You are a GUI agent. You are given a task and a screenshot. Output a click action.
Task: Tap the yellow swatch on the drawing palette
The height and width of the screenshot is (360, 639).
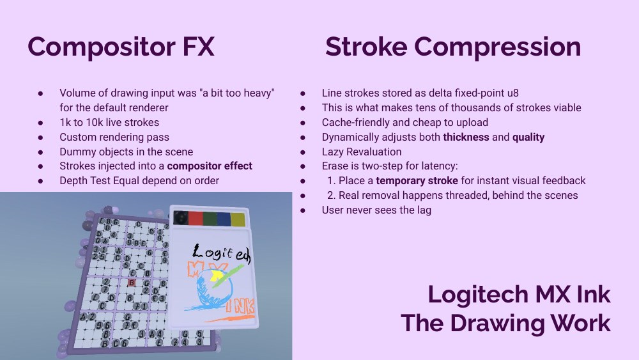point(238,220)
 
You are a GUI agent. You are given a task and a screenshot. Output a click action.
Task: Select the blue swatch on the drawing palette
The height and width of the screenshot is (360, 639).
point(224,219)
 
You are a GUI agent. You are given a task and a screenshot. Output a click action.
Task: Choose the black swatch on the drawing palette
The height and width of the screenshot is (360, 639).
point(182,217)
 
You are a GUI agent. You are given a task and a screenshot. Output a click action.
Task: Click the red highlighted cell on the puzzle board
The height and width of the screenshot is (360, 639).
point(132,282)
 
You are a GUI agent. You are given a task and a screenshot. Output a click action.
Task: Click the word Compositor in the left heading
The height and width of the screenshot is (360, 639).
point(103,47)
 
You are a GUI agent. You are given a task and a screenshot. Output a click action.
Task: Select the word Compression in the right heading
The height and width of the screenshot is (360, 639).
point(499,47)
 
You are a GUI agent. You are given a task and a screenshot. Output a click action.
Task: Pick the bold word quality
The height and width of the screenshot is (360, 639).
point(528,137)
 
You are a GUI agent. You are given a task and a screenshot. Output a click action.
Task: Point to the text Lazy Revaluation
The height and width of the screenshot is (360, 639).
point(362,152)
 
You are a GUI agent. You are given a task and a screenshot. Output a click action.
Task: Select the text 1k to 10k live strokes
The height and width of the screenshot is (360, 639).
point(109,122)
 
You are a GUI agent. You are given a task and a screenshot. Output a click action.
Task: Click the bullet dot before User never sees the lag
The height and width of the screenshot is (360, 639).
point(303,210)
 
